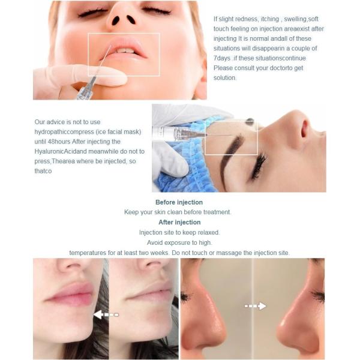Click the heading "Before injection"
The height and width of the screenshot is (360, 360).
179,202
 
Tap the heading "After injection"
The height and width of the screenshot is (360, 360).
179,222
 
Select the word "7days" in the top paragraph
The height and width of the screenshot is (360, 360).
222,58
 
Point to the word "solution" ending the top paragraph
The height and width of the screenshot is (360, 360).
224,77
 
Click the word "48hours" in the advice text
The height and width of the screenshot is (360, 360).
59,142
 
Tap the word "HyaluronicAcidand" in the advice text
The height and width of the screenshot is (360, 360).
61,152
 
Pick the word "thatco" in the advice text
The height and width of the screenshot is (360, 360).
43,171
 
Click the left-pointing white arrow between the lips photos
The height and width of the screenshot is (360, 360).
106,314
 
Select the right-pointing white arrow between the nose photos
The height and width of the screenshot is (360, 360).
256,306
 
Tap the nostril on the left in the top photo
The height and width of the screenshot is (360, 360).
115,20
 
